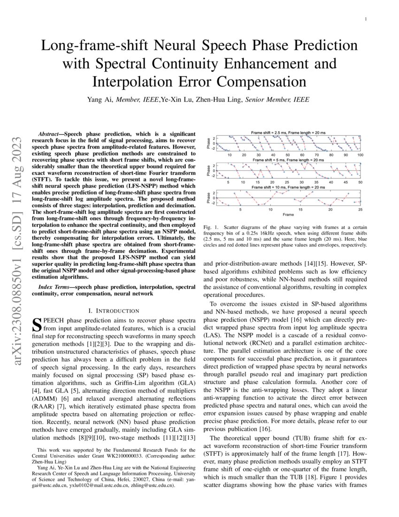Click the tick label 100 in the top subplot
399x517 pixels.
pos(360,155)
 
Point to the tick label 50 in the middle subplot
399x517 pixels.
pos(360,182)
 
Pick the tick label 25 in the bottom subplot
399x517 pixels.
pos(360,209)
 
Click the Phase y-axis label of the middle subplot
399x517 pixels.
pos(208,170)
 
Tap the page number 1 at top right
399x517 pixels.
pos(365,19)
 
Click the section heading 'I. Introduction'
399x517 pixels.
pos(114,311)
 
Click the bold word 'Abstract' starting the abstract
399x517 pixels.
pos(52,134)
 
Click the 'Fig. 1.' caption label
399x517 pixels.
pos(210,227)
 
